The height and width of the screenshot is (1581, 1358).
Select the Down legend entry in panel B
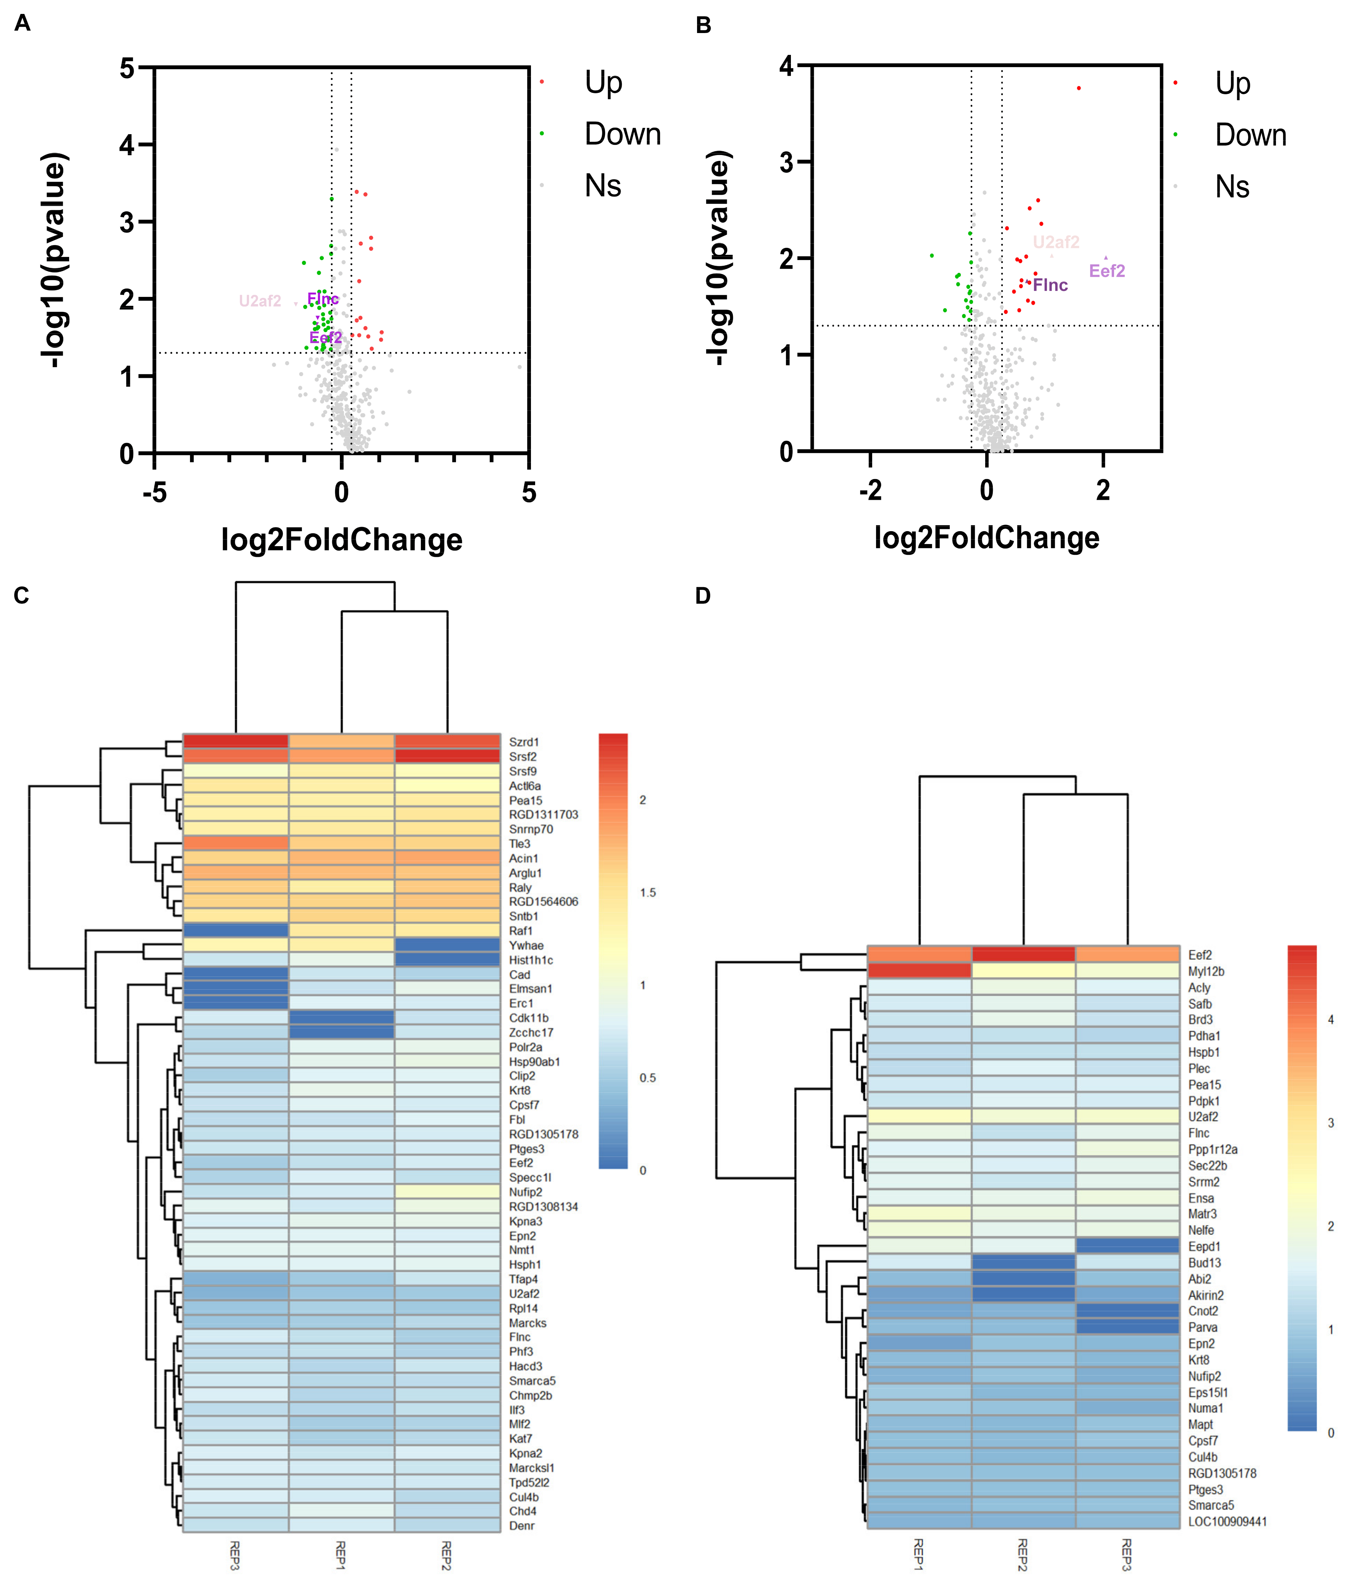(x=1250, y=135)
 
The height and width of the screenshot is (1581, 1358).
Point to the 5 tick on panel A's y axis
(x=126, y=69)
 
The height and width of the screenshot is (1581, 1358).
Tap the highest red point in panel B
(x=1078, y=89)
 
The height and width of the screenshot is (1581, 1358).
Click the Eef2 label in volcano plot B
(x=1106, y=271)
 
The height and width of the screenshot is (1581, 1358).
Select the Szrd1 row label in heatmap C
(x=523, y=742)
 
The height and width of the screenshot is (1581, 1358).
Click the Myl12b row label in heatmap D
(x=1205, y=971)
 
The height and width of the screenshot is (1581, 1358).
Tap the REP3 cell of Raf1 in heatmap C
(x=236, y=930)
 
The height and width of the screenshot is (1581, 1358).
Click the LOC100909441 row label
(x=1227, y=1522)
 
